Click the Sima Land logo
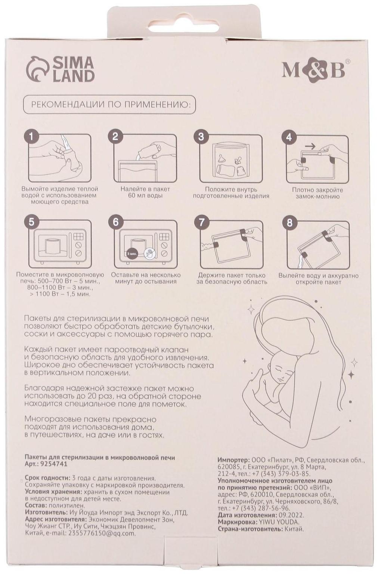(x=60, y=69)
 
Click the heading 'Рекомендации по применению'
(x=109, y=104)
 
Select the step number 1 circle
(x=32, y=136)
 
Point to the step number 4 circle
(x=289, y=137)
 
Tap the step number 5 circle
(x=32, y=222)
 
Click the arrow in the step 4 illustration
(x=310, y=146)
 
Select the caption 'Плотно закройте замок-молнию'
(x=317, y=193)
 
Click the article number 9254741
(x=53, y=464)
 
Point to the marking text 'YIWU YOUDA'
(x=279, y=522)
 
